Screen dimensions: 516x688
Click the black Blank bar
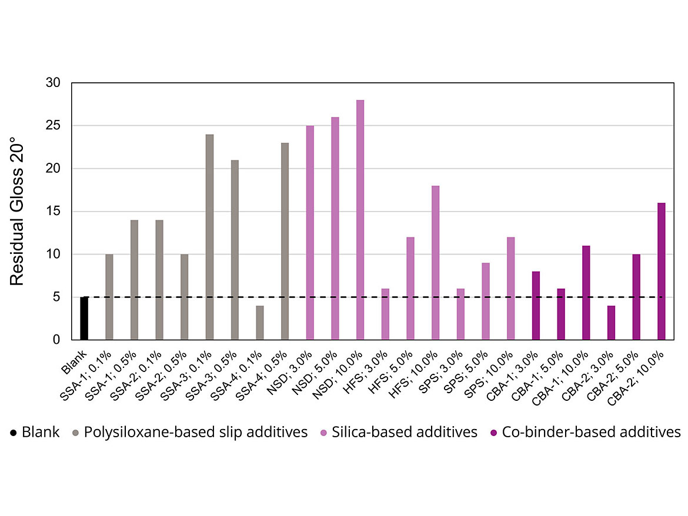pos(84,318)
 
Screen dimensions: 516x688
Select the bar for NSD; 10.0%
pos(360,220)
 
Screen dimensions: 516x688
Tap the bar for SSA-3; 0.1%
pos(209,237)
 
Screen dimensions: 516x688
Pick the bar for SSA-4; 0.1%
pos(259,323)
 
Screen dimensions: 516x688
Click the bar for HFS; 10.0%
pos(435,263)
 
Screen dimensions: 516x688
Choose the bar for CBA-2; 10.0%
pos(661,271)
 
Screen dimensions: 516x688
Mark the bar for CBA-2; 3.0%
pos(611,323)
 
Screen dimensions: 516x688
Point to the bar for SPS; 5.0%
pos(486,301)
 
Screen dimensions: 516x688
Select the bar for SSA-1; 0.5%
pos(134,280)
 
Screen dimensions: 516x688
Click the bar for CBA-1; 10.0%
pos(586,293)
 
